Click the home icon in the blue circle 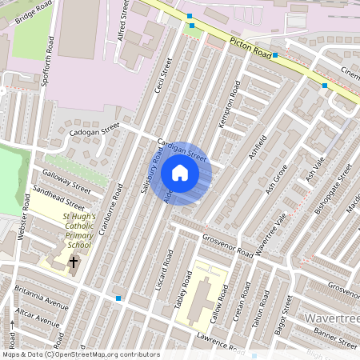[x=180, y=173]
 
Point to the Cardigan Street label [x=182, y=149]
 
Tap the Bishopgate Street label [x=334, y=190]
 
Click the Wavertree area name [x=332, y=318]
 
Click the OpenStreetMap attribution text [x=80, y=354]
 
